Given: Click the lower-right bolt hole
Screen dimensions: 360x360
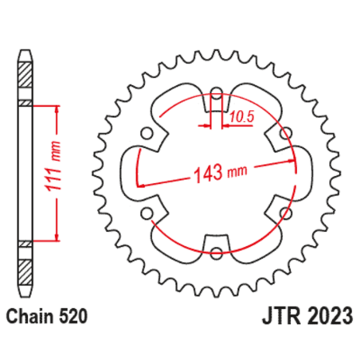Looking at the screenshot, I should pyautogui.click(x=284, y=213).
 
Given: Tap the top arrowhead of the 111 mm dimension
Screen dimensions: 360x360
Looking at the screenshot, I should pyautogui.click(x=57, y=108).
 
